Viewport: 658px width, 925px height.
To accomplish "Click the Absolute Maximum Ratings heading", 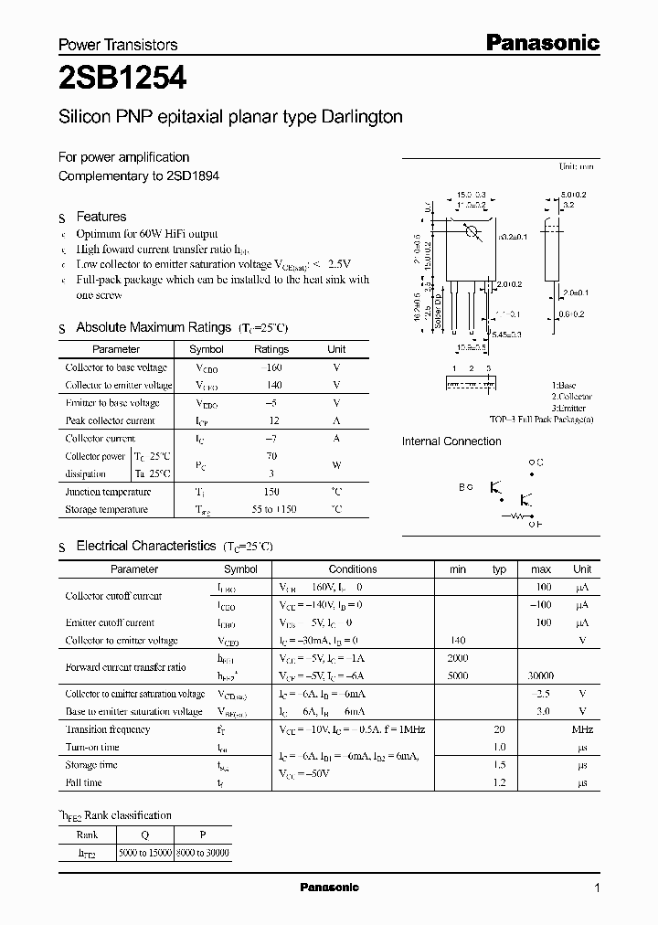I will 154,327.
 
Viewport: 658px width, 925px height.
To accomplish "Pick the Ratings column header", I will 271,349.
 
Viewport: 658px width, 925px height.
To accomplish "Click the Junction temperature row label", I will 108,492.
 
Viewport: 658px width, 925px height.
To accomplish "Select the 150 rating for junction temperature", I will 271,492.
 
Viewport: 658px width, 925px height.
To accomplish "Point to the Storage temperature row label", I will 106,510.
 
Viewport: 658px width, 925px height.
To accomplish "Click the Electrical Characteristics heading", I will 146,546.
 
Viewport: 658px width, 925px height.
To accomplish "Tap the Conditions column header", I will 352,569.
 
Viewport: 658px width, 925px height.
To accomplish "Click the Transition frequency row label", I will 107,729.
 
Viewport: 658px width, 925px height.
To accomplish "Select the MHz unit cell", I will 582,729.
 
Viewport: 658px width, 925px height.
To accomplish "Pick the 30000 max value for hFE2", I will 540,676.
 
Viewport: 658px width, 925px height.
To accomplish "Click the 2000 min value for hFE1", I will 457,658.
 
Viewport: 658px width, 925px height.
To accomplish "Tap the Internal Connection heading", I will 451,441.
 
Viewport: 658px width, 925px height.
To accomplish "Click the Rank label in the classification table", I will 88,834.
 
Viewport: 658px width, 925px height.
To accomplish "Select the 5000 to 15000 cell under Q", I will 146,852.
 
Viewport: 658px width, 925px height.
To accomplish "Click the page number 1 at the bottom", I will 597,888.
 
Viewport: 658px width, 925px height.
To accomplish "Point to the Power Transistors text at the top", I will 118,44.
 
